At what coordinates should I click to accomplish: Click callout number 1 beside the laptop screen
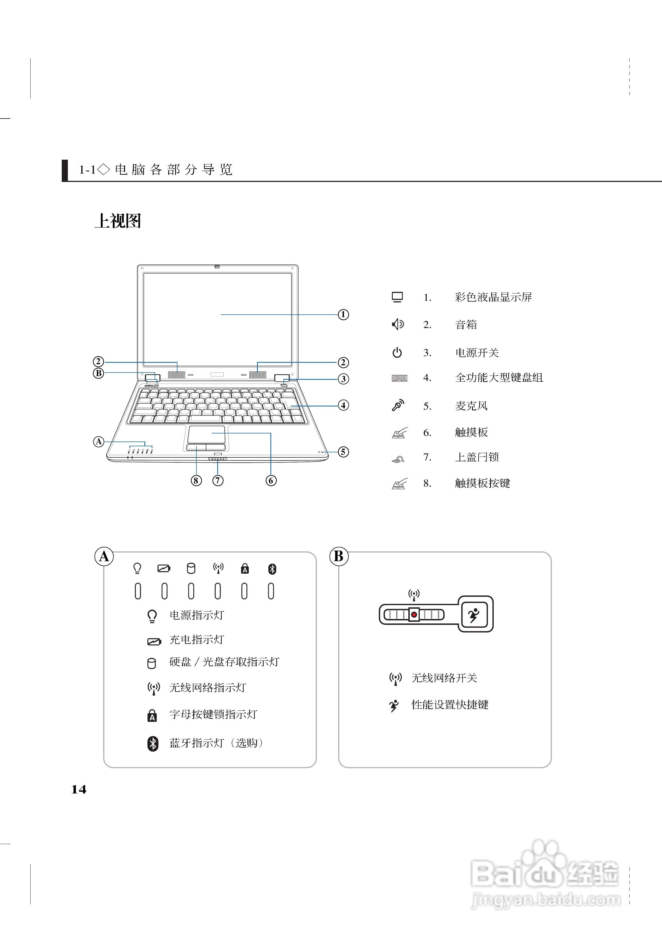point(343,315)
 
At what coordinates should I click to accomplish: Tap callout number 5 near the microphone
point(343,452)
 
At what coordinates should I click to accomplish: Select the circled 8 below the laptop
point(196,480)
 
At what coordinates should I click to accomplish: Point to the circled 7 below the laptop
point(218,480)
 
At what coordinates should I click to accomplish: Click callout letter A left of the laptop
point(99,442)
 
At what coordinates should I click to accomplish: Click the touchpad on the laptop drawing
point(206,434)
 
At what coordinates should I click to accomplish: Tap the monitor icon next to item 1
point(397,297)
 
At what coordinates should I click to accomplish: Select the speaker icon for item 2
point(397,324)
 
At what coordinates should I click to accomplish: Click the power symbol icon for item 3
point(397,352)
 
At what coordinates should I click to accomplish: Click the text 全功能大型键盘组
point(499,378)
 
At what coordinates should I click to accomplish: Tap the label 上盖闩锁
point(477,457)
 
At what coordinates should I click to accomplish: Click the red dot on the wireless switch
point(414,614)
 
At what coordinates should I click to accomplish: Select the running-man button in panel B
point(474,615)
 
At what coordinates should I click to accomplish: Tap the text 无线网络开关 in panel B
point(444,678)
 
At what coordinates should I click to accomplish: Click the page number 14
point(79,790)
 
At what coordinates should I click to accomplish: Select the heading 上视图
point(118,221)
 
